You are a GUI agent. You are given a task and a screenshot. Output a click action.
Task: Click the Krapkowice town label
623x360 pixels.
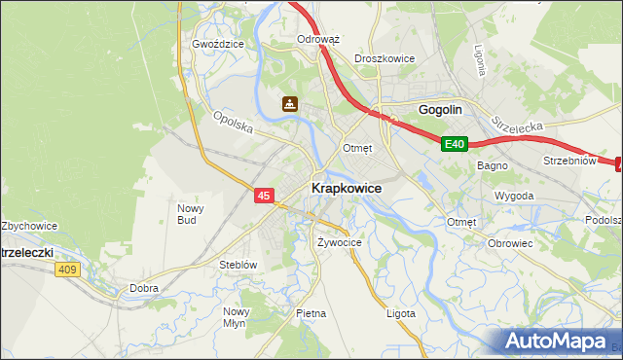pyautogui.click(x=346, y=187)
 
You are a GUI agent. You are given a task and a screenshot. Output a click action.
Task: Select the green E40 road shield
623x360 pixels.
pyautogui.click(x=455, y=144)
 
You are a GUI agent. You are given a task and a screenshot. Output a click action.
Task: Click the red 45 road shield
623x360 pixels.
pyautogui.click(x=264, y=196)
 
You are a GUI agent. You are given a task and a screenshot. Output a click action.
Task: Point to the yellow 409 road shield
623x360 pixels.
pyautogui.click(x=67, y=270)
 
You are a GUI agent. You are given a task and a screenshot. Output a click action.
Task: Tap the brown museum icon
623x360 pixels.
pyautogui.click(x=290, y=103)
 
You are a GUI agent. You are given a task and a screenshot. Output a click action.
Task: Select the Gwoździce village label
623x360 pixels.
pyautogui.click(x=216, y=44)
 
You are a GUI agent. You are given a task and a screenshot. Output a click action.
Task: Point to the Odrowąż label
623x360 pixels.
pyautogui.click(x=317, y=40)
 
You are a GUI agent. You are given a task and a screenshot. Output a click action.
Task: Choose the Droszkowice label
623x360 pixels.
pyautogui.click(x=385, y=58)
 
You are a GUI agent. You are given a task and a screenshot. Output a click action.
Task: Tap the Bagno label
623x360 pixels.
pyautogui.click(x=490, y=165)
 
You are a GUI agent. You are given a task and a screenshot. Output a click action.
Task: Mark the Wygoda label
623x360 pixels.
pyautogui.click(x=514, y=196)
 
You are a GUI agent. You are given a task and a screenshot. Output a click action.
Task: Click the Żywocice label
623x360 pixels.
pyautogui.click(x=340, y=242)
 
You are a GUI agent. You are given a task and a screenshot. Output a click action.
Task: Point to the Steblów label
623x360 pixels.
pyautogui.click(x=238, y=264)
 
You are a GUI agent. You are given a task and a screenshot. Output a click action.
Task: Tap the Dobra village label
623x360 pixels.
pyautogui.click(x=144, y=288)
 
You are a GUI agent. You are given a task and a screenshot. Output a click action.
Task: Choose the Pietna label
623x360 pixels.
pyautogui.click(x=311, y=313)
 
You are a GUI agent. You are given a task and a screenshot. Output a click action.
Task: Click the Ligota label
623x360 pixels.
pyautogui.click(x=400, y=313)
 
